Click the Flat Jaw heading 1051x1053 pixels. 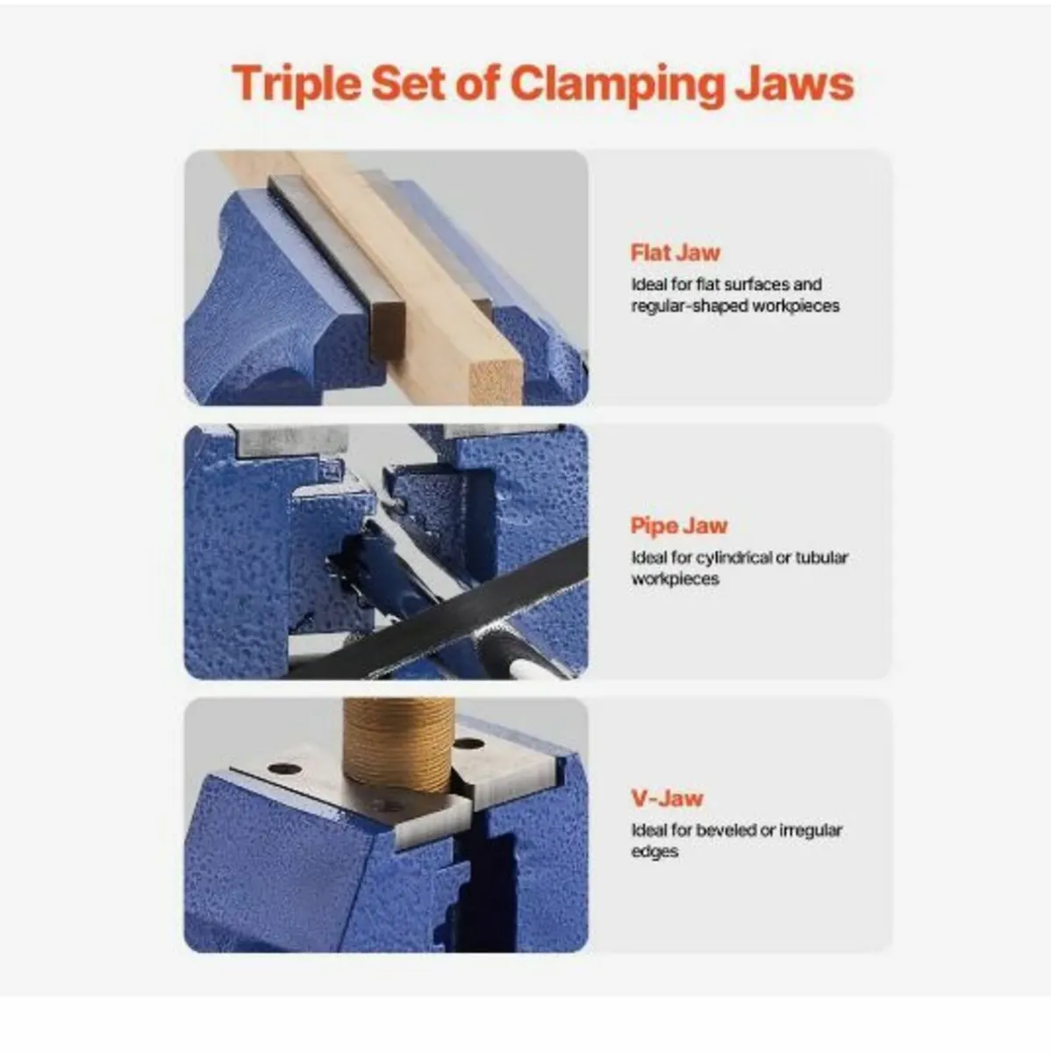(x=676, y=253)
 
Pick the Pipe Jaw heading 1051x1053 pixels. (x=679, y=526)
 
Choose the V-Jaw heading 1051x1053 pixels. (x=667, y=799)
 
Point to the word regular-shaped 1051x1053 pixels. (x=690, y=306)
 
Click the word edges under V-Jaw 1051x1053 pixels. (x=654, y=852)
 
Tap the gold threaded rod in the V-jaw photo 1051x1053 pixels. (x=398, y=743)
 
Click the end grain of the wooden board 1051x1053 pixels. (x=495, y=382)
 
